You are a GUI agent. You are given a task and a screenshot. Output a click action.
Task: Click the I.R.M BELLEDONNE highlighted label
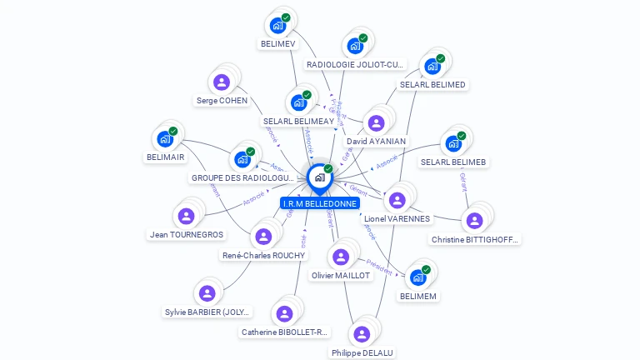[x=320, y=203]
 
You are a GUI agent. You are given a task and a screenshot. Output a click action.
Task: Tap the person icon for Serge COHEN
[x=222, y=82]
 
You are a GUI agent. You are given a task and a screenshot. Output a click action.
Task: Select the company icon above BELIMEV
[x=277, y=25]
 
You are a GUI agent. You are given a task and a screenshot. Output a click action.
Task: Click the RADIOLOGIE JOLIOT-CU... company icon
[x=355, y=45]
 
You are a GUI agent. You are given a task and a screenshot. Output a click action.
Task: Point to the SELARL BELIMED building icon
[x=432, y=66]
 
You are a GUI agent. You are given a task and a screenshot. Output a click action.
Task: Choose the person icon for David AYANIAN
[x=376, y=122]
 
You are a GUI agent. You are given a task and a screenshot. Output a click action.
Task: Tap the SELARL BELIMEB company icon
[x=453, y=142]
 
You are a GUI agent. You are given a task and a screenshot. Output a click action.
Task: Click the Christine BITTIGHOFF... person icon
[x=474, y=220]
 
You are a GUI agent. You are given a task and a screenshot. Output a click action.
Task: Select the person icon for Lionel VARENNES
[x=397, y=200]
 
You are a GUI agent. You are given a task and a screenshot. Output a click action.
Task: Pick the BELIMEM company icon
[x=417, y=277]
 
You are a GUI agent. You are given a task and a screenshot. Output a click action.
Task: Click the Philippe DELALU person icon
[x=362, y=333]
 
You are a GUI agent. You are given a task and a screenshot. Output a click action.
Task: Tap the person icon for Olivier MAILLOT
[x=340, y=257]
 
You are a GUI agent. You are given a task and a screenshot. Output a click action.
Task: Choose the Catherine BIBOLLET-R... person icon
[x=285, y=313]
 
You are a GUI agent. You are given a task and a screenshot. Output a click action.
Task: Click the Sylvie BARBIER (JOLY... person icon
[x=207, y=293]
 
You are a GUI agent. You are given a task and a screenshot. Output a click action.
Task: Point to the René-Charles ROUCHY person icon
[x=263, y=236]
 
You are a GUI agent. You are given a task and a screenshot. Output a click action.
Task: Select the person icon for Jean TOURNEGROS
[x=187, y=216]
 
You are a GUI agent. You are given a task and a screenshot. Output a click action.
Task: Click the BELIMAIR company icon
[x=165, y=138]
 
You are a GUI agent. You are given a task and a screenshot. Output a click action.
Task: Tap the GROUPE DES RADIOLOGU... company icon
[x=242, y=158]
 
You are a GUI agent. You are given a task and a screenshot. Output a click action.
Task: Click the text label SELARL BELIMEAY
[x=298, y=121]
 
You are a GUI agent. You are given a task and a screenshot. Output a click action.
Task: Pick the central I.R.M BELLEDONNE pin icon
[x=319, y=177]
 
